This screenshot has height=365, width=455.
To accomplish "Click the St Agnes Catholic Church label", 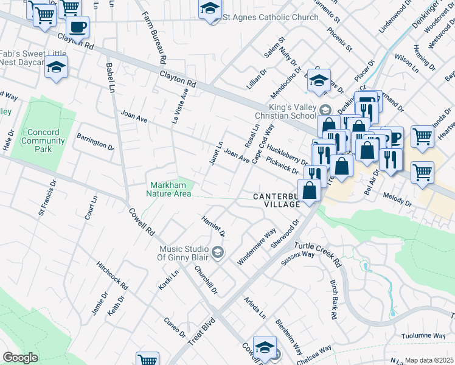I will point(270,17).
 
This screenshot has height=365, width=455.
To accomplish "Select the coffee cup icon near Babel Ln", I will point(77,27).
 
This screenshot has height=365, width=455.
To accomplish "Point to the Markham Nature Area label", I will point(168,189).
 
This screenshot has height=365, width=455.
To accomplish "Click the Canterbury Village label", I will point(277,201).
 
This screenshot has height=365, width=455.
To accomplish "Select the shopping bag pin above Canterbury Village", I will point(310,190).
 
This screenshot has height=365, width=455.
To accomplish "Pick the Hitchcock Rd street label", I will point(113,276).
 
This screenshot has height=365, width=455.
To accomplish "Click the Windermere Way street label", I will point(257,246).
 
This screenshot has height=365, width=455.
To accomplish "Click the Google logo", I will point(20,358).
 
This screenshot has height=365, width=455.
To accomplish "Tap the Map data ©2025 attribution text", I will point(429,360).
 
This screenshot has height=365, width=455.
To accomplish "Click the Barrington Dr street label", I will point(95,142).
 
